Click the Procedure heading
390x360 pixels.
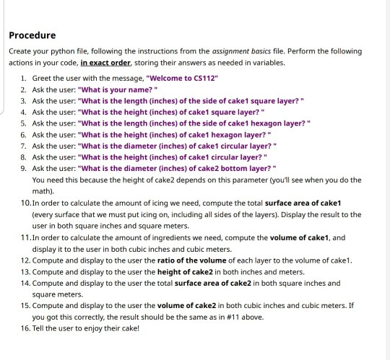click(x=32, y=35)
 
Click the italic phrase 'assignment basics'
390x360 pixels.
click(x=240, y=51)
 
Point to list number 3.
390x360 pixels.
click(x=24, y=100)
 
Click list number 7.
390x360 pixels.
click(x=24, y=146)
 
